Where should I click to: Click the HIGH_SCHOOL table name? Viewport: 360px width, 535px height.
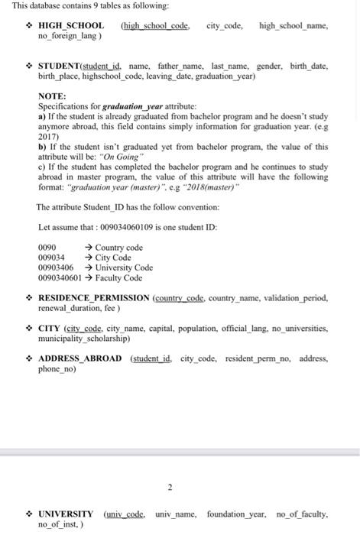pyautogui.click(x=71, y=26)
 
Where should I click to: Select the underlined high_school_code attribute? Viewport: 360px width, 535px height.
pyautogui.click(x=155, y=26)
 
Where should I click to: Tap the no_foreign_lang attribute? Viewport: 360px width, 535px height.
pyautogui.click(x=66, y=36)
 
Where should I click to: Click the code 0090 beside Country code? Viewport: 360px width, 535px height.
pyautogui.click(x=47, y=248)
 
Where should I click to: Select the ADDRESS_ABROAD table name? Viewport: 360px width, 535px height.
pyautogui.click(x=80, y=358)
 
